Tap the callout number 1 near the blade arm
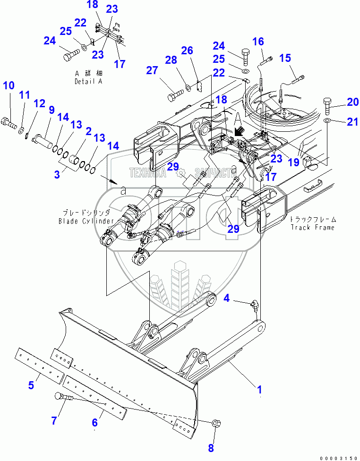[x=259, y=390]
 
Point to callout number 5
[x=31, y=385]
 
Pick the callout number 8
[x=211, y=447]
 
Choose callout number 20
[x=353, y=102]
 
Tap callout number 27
[x=152, y=71]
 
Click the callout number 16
[x=258, y=43]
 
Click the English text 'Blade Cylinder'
[x=86, y=221]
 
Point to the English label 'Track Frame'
[x=312, y=227]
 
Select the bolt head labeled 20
[x=327, y=102]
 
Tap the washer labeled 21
[x=326, y=122]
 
